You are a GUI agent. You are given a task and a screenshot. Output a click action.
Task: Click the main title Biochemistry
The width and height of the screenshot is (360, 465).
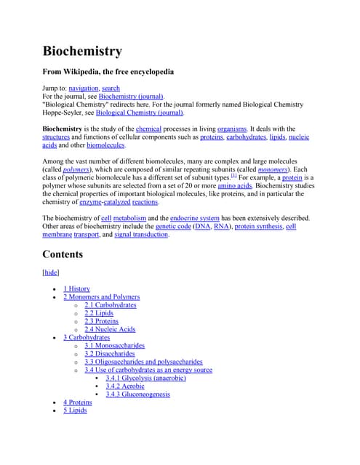pyautogui.click(x=82, y=52)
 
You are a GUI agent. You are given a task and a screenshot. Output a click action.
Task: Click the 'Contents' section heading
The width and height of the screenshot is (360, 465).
pyautogui.click(x=63, y=255)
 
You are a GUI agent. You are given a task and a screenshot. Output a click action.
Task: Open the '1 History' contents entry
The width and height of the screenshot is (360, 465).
pyautogui.click(x=76, y=288)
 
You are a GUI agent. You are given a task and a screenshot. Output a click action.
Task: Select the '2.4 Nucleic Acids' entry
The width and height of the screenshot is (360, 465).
pyautogui.click(x=110, y=329)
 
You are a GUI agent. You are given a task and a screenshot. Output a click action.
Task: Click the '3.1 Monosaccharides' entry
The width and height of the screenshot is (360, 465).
pyautogui.click(x=114, y=346)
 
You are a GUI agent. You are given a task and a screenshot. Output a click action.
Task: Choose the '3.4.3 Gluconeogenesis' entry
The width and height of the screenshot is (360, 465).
pyautogui.click(x=137, y=395)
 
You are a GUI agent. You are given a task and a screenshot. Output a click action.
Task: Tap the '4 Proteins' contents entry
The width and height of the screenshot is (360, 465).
pyautogui.click(x=77, y=403)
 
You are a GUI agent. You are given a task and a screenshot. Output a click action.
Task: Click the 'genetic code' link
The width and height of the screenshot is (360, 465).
pyautogui.click(x=173, y=226)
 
